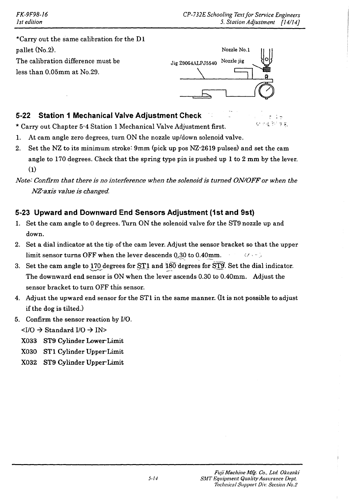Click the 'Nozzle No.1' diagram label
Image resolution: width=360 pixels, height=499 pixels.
click(x=236, y=50)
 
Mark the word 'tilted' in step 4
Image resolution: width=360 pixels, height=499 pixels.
click(x=72, y=309)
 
